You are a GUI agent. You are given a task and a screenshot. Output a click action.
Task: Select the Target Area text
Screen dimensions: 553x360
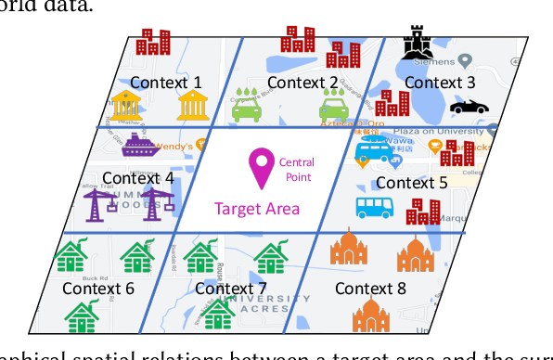coord(258,209)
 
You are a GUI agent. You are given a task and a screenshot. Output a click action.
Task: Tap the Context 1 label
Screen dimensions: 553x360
coord(167,82)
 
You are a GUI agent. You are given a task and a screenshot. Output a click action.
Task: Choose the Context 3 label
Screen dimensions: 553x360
coord(440,82)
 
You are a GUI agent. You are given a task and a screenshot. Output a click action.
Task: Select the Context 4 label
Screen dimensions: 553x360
coord(137,177)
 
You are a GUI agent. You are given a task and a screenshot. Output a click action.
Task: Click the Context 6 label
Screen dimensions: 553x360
coord(98,288)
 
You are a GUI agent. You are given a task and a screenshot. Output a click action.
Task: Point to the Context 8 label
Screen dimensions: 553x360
coord(370,289)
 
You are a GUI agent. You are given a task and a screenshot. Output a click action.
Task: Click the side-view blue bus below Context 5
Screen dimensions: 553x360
coord(378,207)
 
